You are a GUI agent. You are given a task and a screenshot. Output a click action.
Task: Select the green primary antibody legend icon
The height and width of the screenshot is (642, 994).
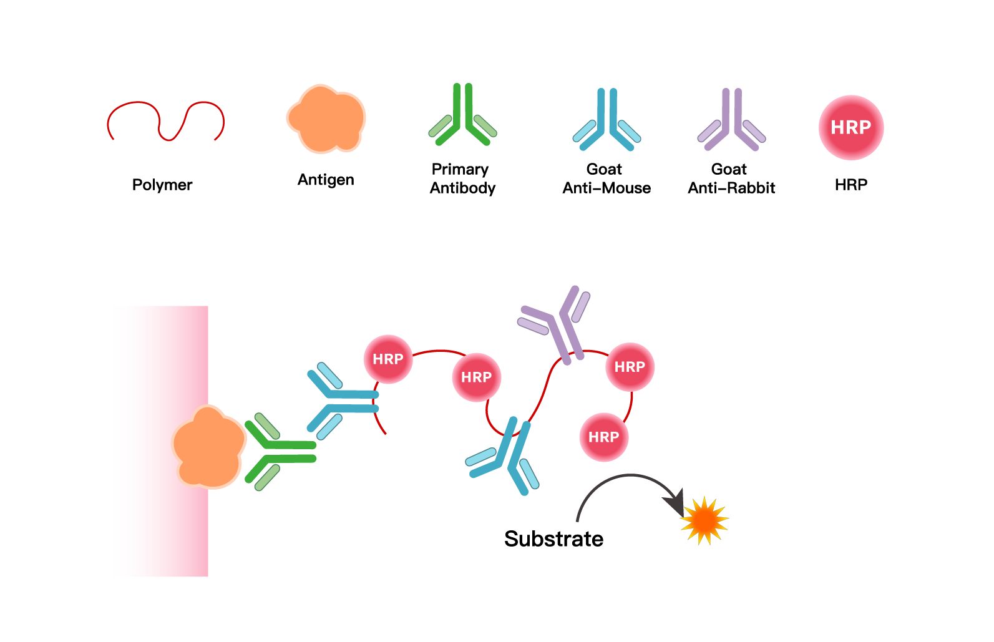click(x=462, y=119)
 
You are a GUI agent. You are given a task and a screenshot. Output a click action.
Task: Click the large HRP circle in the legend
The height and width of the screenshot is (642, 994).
click(x=850, y=127)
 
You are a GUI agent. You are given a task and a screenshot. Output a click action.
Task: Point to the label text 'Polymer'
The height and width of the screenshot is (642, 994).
click(x=162, y=185)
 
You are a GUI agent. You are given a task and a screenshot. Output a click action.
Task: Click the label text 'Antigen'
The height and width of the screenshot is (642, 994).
click(x=326, y=180)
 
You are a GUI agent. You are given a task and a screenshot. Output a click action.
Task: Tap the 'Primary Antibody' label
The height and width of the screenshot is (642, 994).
click(x=462, y=178)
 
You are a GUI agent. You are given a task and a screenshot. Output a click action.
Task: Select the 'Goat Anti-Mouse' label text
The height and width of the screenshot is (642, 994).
click(x=607, y=178)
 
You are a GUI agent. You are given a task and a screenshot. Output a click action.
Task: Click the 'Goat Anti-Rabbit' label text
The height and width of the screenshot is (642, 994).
click(x=731, y=178)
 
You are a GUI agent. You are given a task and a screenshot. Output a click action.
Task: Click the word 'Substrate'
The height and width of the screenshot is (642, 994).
click(x=553, y=538)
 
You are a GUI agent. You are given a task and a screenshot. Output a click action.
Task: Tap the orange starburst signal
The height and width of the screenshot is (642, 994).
click(x=704, y=520)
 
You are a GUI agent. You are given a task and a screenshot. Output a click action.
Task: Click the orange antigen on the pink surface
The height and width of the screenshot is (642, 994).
click(x=209, y=446)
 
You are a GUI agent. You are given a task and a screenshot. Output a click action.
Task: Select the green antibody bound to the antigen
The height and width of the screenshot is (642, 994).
click(x=281, y=452)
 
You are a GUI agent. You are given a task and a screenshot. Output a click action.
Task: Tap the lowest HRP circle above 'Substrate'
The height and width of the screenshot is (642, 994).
click(x=603, y=437)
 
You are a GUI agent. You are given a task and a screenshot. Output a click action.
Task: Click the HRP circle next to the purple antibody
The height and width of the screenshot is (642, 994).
click(x=630, y=367)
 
